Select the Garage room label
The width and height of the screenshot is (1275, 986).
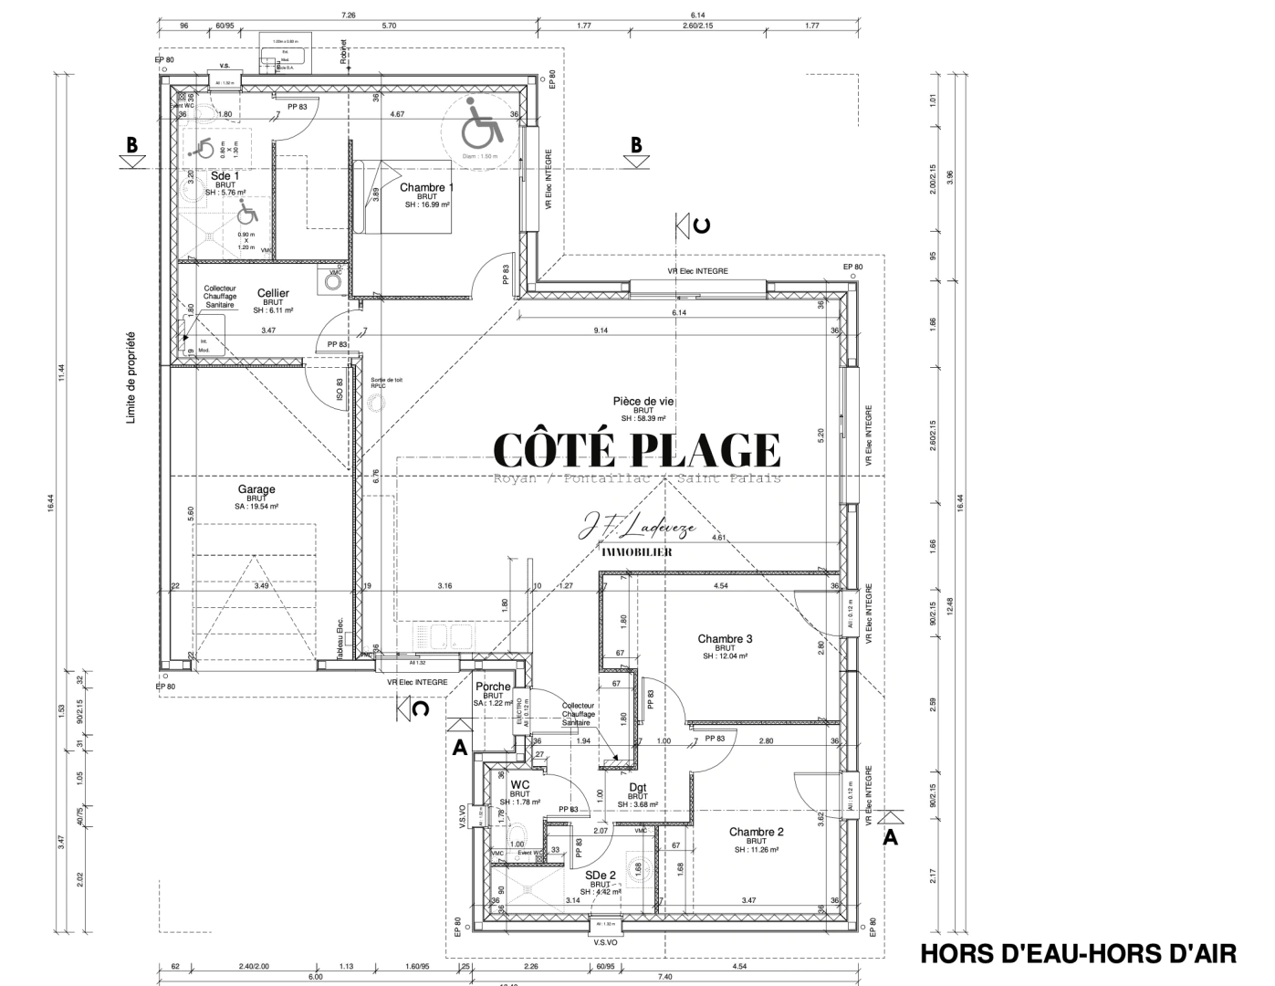tap(256, 490)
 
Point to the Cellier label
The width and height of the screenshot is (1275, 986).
tap(272, 293)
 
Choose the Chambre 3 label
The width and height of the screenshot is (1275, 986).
tap(725, 639)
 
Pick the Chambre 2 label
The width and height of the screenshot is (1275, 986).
tap(756, 833)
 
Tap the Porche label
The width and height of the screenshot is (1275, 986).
tap(493, 687)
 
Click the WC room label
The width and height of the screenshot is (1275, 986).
tap(520, 785)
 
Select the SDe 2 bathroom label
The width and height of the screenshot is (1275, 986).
tap(600, 875)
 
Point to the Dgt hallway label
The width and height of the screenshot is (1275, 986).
tap(637, 787)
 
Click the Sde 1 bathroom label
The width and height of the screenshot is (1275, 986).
tap(225, 175)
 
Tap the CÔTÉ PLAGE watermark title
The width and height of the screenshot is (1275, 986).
tap(636, 450)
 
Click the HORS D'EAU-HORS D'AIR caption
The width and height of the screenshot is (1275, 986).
tap(1078, 954)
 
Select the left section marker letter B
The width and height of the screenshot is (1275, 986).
tap(132, 145)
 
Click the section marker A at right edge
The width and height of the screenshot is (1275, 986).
tap(890, 837)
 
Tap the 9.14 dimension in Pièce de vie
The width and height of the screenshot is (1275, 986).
tap(601, 330)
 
